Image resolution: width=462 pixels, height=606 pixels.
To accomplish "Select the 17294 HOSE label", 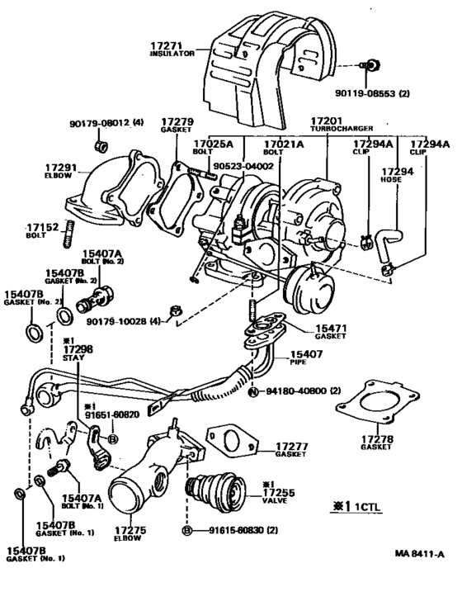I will point(391,176).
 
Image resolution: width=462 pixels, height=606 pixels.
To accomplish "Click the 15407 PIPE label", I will point(306,359).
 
